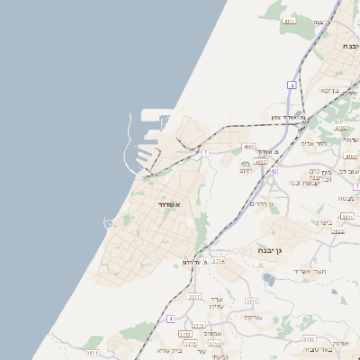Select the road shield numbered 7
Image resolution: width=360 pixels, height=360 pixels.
205,153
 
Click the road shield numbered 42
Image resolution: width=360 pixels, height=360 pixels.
274,170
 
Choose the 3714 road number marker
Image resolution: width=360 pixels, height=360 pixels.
219,260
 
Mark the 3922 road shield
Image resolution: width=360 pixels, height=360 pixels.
337,231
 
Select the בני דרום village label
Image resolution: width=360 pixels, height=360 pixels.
245,166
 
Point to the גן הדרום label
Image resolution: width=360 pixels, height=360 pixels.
258,204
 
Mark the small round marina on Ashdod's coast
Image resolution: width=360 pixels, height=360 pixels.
110,223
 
